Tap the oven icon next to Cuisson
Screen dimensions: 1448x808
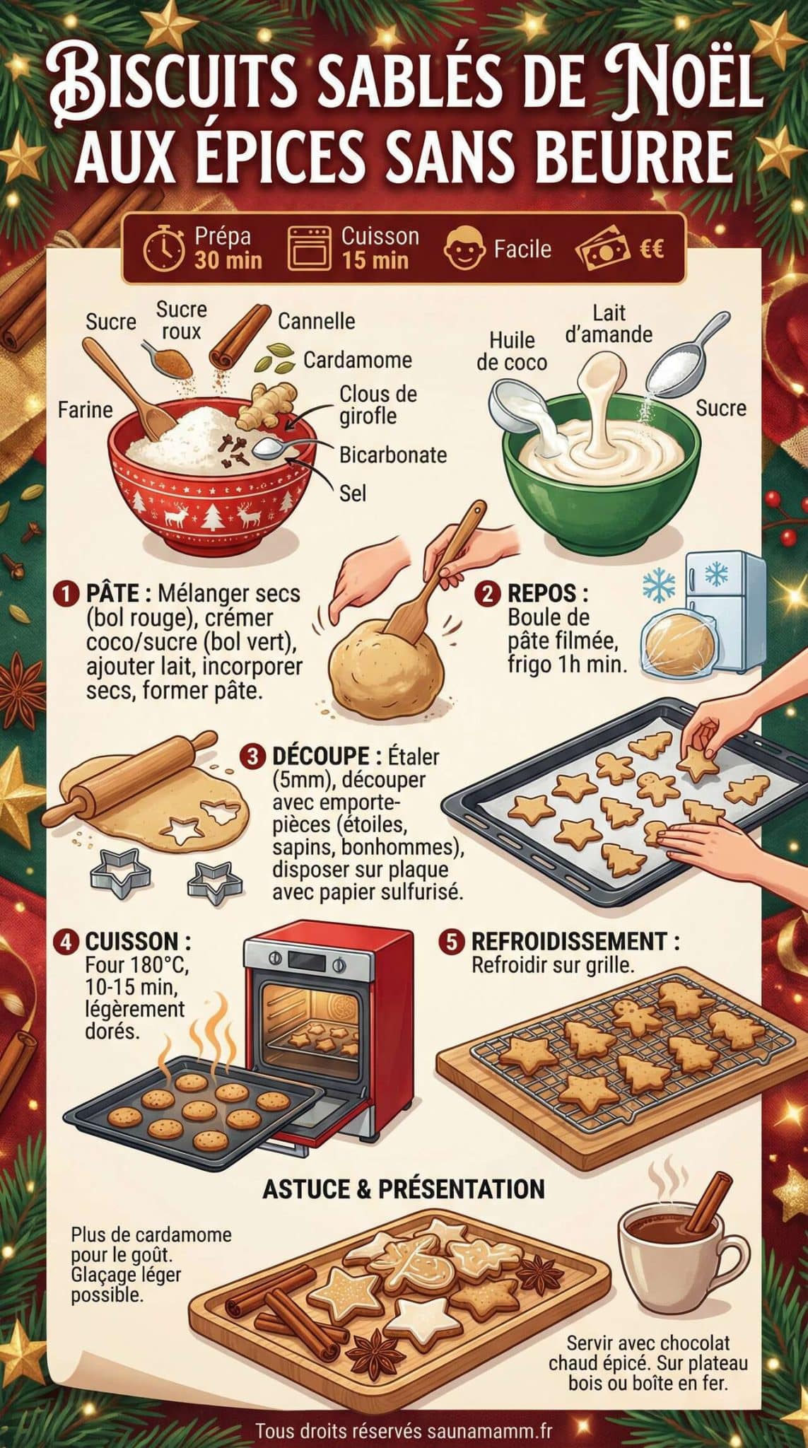click(310, 249)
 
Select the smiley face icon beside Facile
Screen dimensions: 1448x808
click(464, 249)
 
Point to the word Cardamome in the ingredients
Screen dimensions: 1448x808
click(357, 360)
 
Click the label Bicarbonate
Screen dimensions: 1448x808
click(392, 455)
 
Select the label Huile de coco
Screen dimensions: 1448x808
click(511, 351)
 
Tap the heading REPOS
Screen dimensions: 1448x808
click(547, 592)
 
